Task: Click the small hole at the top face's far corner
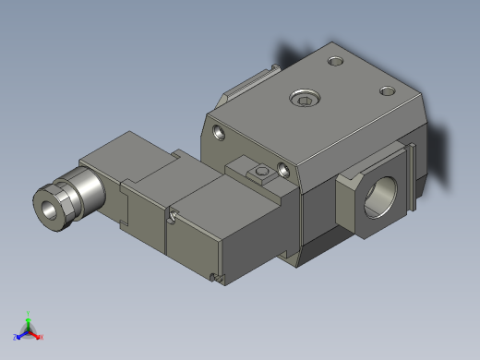click(x=335, y=61)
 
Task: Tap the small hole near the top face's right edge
click(x=388, y=90)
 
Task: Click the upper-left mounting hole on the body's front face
click(x=218, y=132)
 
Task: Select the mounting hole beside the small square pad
click(x=283, y=170)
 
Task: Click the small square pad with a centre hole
click(x=261, y=172)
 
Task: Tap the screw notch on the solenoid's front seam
click(x=173, y=216)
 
